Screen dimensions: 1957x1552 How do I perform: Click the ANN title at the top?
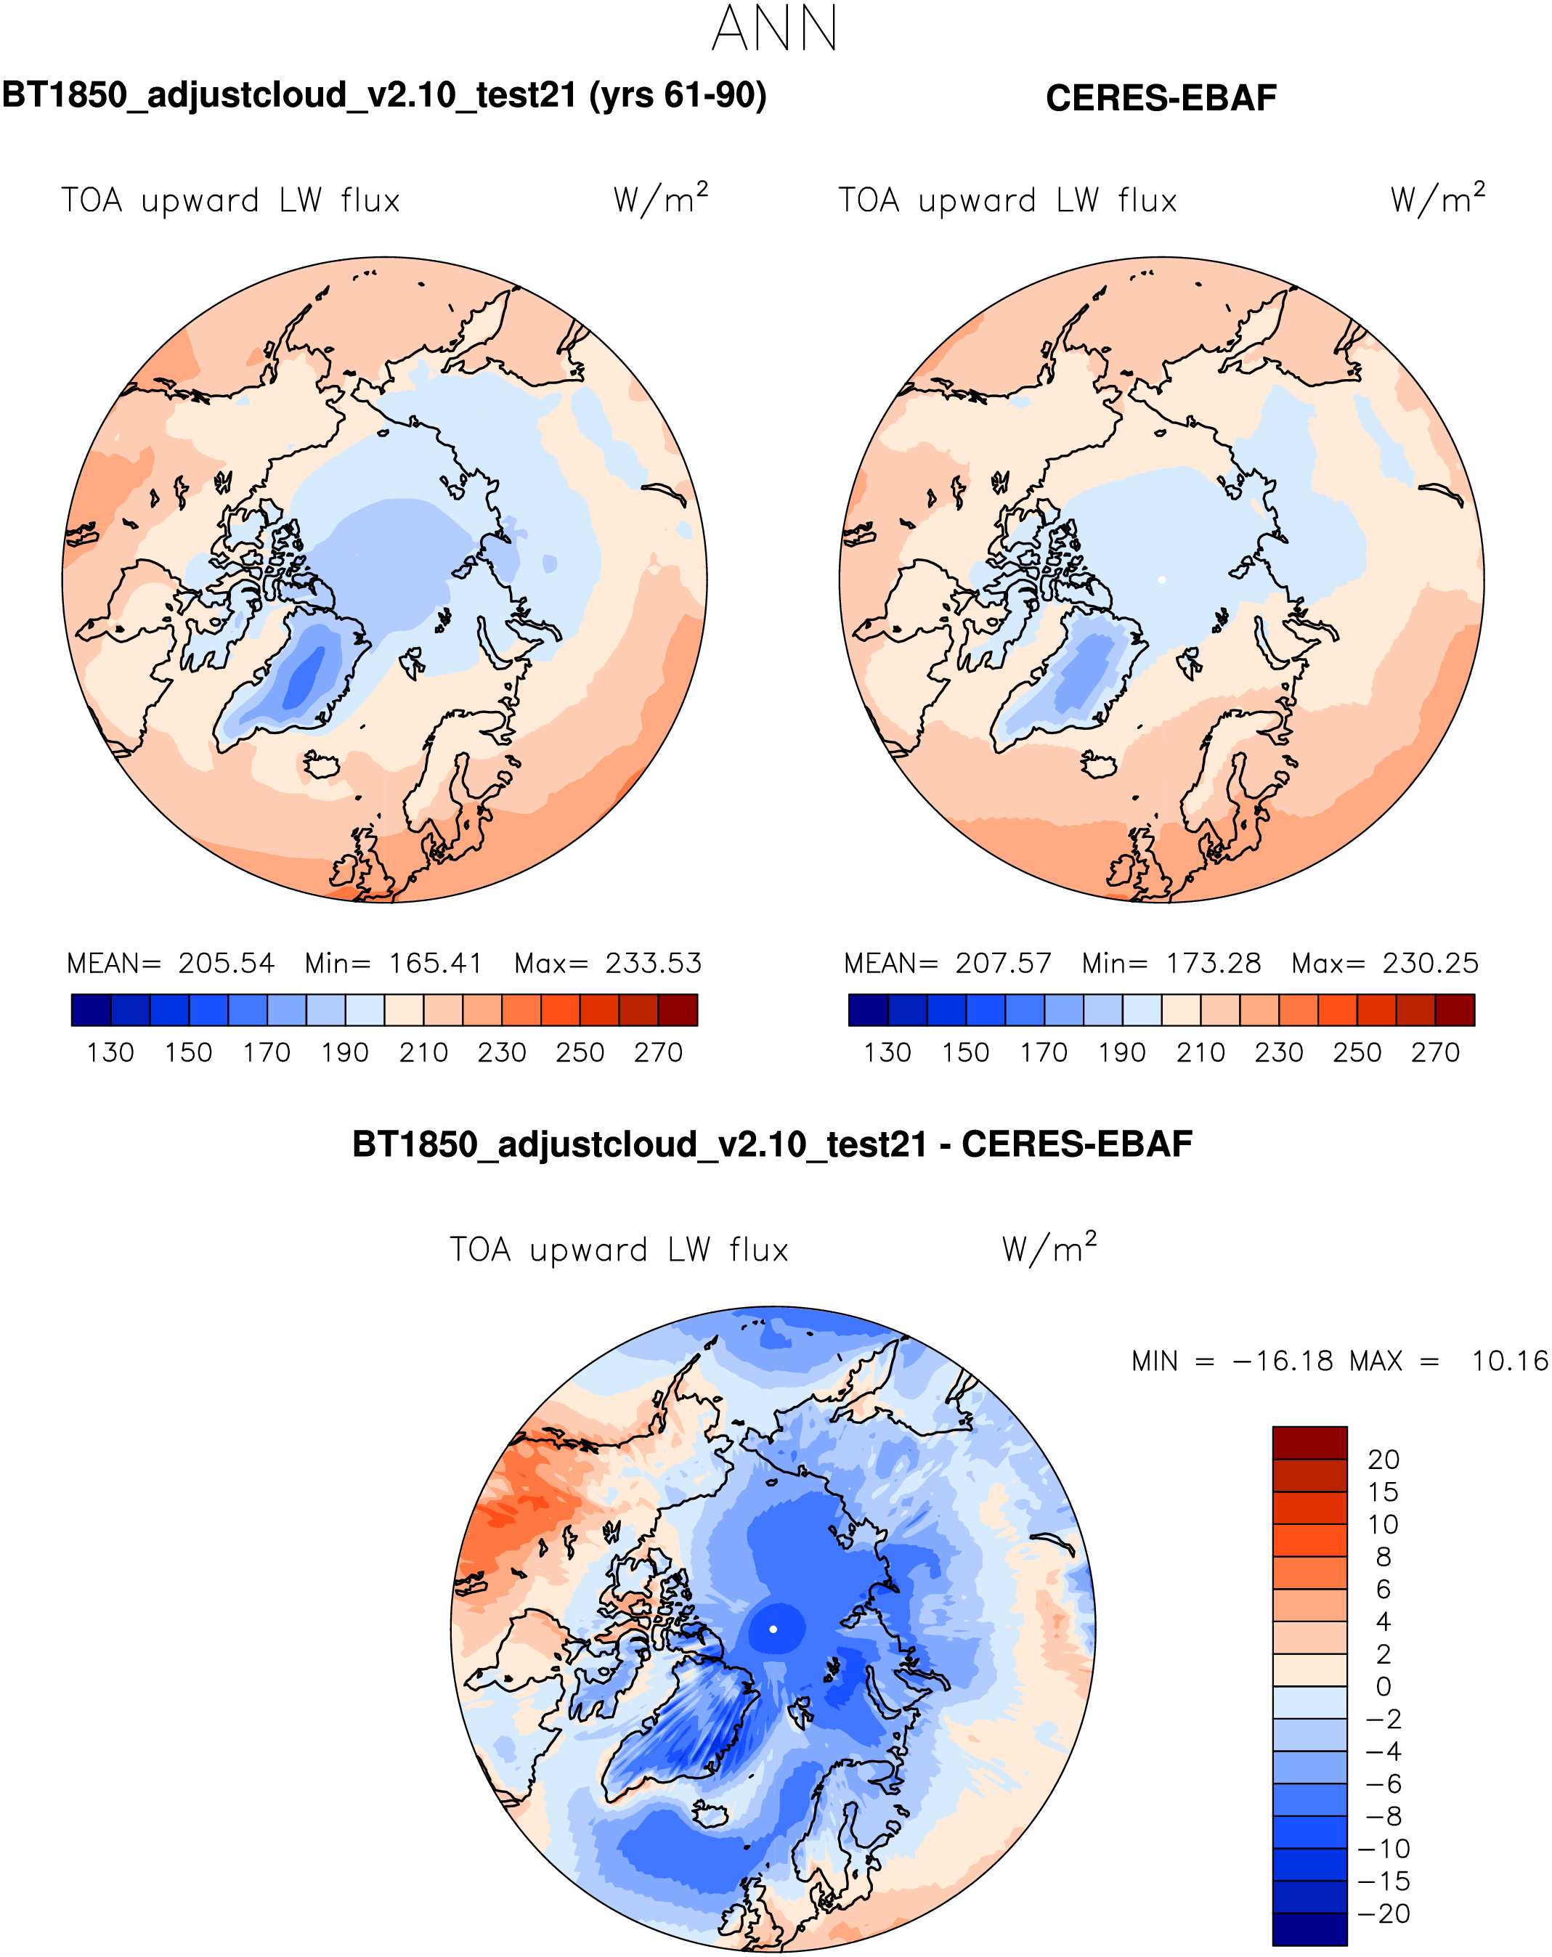point(774,29)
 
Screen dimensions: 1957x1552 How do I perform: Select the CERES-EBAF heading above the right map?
point(1161,98)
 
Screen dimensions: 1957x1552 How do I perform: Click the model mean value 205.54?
point(226,963)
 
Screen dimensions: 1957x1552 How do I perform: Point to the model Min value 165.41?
point(436,963)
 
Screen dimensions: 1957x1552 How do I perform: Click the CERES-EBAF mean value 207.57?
point(1003,963)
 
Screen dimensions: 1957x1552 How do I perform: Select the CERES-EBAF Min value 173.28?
point(1214,963)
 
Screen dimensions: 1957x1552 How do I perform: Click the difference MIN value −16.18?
point(1283,1362)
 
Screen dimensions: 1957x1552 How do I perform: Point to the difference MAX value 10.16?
point(1509,1362)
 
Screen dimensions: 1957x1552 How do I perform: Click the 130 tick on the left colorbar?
point(110,1053)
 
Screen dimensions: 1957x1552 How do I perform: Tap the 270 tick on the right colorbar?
point(1435,1053)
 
